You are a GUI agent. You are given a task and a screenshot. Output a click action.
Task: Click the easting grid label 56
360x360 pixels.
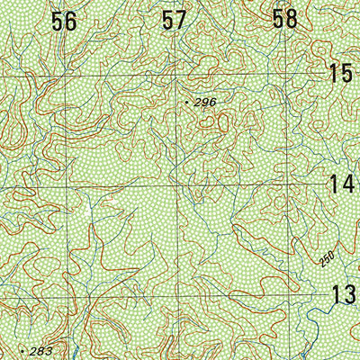64,22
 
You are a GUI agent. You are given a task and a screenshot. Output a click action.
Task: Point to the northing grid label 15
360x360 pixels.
341,74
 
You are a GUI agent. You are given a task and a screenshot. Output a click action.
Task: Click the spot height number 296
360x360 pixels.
205,103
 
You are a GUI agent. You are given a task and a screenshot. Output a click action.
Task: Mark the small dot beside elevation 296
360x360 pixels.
186,103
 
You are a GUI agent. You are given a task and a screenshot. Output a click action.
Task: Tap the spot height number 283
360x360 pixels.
41,350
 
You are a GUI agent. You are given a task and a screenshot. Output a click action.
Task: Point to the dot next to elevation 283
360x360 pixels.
21,347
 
